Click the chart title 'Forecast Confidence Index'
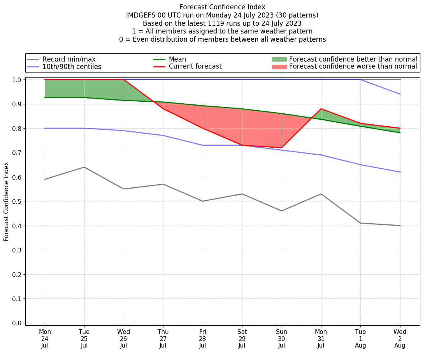222,7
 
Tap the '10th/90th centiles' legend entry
72,67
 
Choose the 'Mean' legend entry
177,59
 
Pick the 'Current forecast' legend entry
195,67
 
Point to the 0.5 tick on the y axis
17,201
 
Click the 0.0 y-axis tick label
17,323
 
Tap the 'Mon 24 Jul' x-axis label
45,339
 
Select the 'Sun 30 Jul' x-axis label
281,339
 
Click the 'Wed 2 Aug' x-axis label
400,339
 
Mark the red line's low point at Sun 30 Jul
281,148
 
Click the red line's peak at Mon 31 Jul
321,109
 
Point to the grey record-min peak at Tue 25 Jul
84,167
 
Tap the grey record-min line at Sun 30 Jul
281,211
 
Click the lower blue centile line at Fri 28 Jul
203,145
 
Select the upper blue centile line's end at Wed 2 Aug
400,94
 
